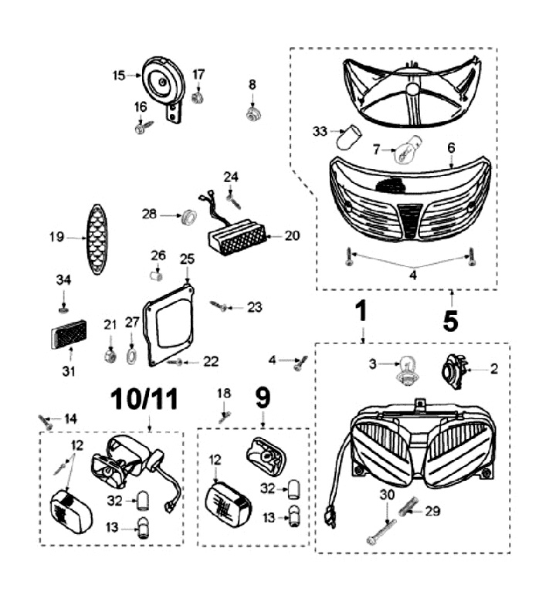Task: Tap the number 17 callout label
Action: click(x=199, y=74)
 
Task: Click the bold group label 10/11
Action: click(x=144, y=399)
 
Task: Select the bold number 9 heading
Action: click(x=263, y=398)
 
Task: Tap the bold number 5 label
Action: click(x=450, y=318)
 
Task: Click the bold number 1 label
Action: click(x=361, y=313)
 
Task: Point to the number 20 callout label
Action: click(x=291, y=236)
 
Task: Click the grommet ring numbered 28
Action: click(x=186, y=217)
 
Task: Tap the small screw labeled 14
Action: click(x=48, y=421)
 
